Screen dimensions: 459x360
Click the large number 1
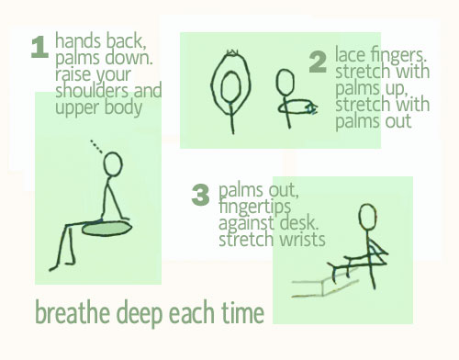pos(40,47)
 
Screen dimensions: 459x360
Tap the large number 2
pos(318,62)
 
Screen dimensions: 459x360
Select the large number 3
pos(200,195)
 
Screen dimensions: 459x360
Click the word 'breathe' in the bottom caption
pos(73,312)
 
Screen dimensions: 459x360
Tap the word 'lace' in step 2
pos(351,54)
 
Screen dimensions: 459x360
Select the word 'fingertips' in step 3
pos(254,207)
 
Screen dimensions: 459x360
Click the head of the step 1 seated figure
pos(113,164)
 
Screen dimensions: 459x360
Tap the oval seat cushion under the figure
pos(107,229)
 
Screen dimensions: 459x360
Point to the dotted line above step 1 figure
pos(96,146)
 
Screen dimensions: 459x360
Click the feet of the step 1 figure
pos(62,265)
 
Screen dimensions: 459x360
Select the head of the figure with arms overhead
pos(230,86)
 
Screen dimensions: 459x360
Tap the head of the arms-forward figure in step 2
pos(285,82)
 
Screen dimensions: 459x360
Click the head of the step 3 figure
pos(367,217)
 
